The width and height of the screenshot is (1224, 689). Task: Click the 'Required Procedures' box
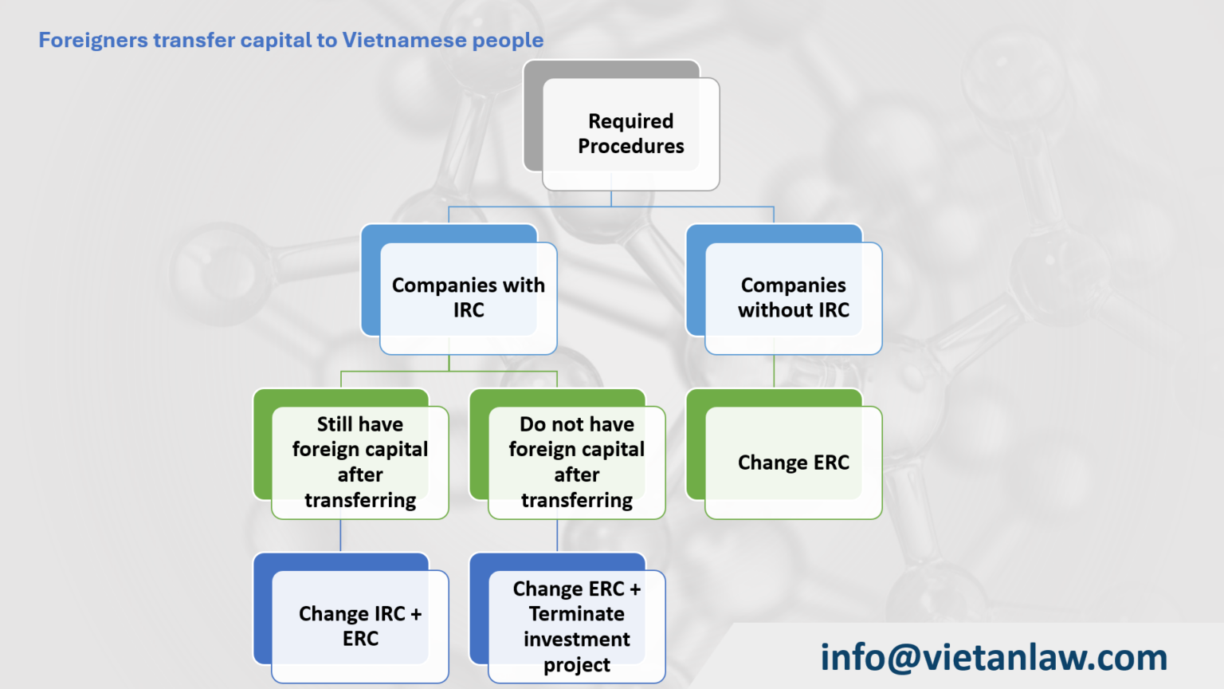(630, 133)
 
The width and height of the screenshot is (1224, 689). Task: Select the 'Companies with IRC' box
(468, 297)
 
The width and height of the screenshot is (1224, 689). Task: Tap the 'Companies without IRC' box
(793, 297)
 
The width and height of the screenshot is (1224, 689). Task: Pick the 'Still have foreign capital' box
(359, 462)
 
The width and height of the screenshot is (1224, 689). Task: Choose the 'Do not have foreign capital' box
(576, 462)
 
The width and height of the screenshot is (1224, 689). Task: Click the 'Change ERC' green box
(793, 463)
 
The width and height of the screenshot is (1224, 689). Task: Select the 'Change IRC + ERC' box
(359, 626)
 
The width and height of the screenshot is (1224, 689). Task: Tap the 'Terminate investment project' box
(576, 626)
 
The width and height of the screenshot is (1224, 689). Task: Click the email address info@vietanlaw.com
(994, 657)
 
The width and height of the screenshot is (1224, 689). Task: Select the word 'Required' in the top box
(630, 121)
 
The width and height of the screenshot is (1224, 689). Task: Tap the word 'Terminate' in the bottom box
(576, 614)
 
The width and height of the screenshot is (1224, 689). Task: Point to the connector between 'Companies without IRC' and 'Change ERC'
(774, 372)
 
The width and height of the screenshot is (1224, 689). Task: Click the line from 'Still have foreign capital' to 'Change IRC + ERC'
(340, 536)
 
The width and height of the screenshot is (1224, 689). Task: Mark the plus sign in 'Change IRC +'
(416, 614)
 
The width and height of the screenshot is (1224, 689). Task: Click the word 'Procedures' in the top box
(630, 147)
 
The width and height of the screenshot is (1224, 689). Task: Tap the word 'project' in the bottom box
(576, 665)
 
